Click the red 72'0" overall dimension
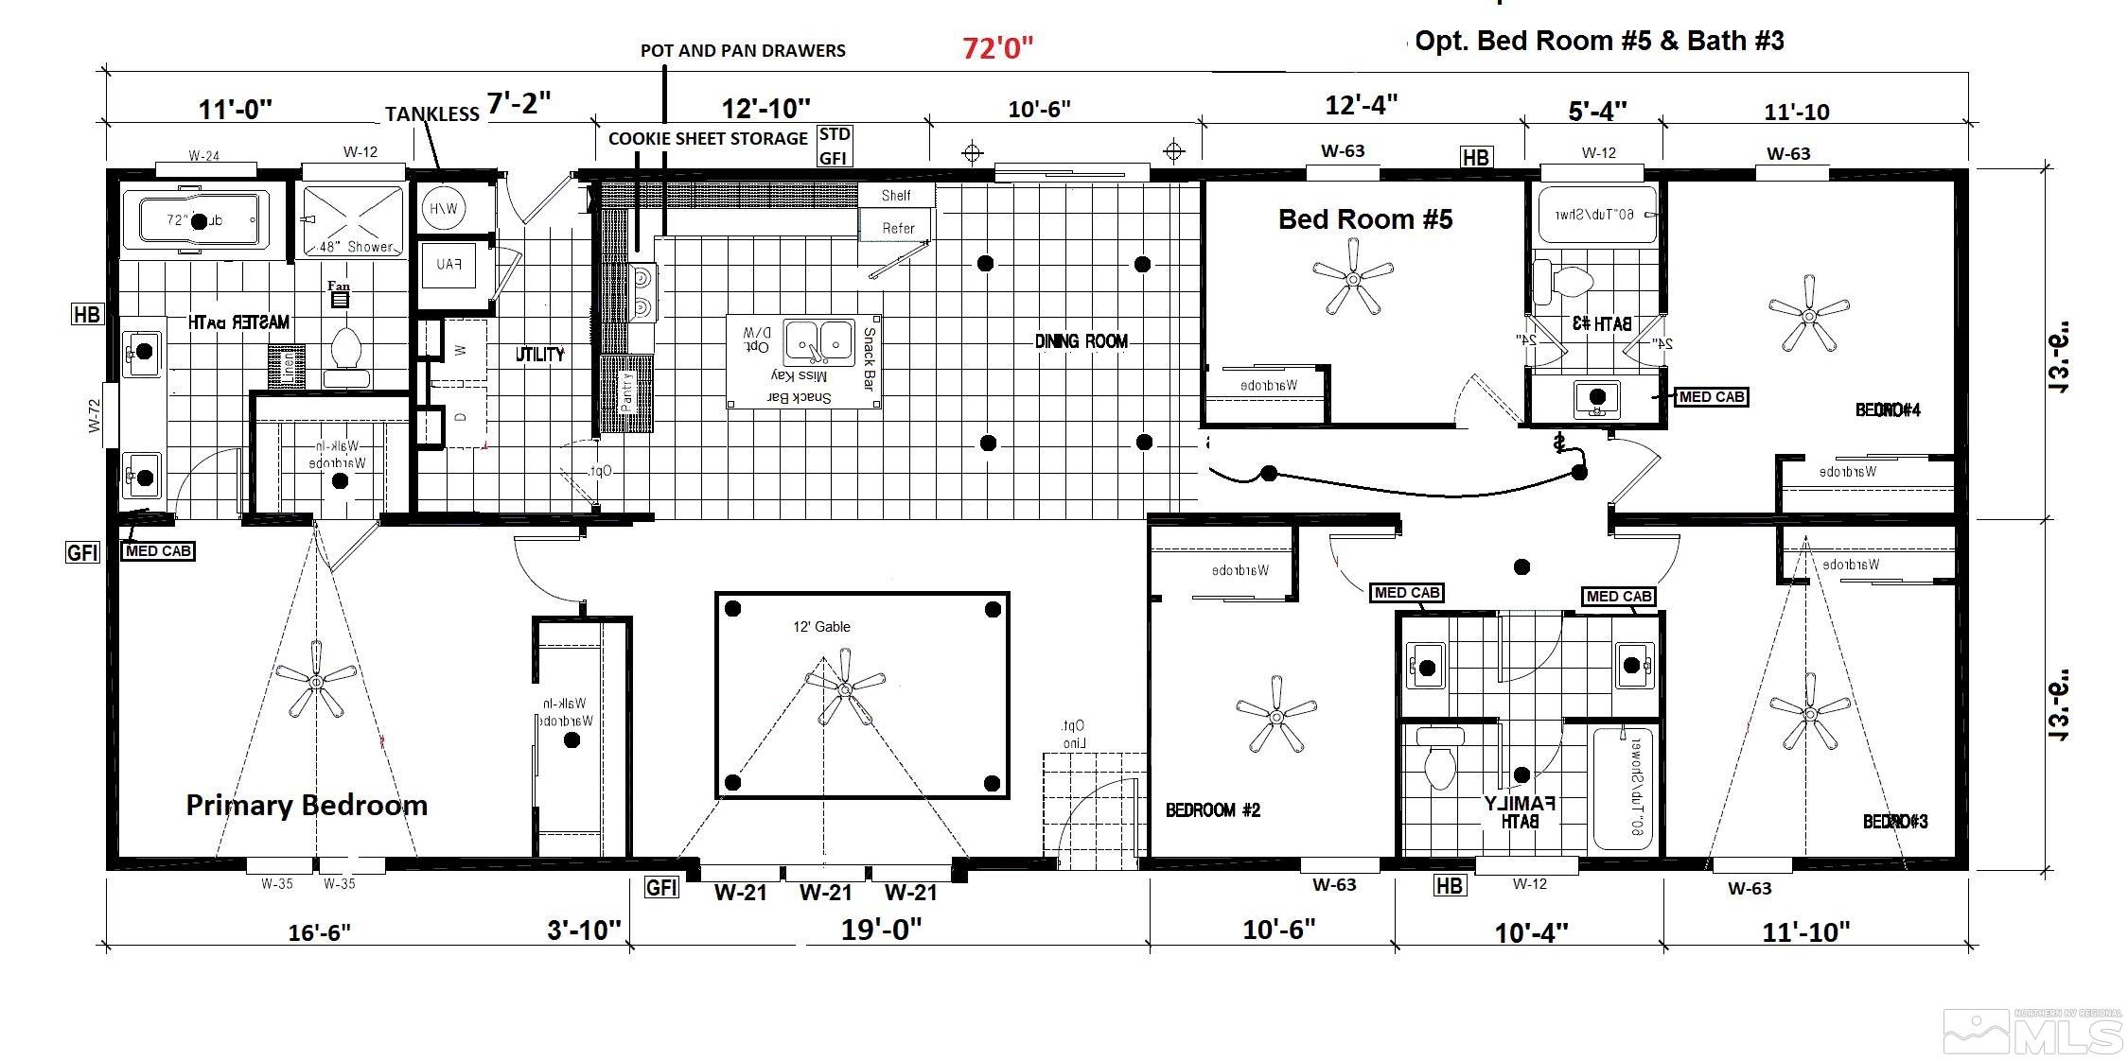click(997, 47)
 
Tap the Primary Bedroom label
click(307, 805)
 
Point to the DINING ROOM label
click(1082, 341)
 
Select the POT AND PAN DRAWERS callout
click(743, 51)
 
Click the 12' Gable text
click(821, 627)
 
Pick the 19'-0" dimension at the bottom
click(881, 930)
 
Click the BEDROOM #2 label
click(1213, 810)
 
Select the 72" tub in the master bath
click(199, 221)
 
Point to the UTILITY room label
click(540, 355)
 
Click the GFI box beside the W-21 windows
click(661, 887)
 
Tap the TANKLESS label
click(431, 114)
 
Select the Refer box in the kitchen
click(897, 228)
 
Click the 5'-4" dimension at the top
click(1597, 111)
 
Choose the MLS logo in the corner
click(2034, 1032)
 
